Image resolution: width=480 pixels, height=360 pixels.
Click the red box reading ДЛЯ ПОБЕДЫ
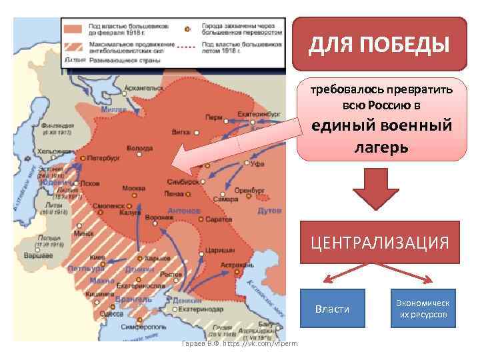coord(379,47)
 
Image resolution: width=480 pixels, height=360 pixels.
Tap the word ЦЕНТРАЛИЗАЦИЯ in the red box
coord(379,242)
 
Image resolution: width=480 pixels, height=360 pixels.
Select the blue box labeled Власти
coord(333,309)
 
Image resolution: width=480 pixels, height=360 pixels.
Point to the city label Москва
coord(133,188)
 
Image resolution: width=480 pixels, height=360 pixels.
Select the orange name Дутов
coord(269,211)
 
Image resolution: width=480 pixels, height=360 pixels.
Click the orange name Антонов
coord(183,211)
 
